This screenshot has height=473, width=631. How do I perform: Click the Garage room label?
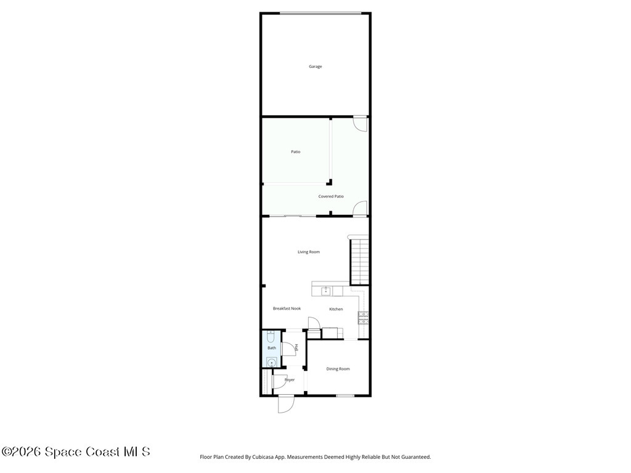pos(315,67)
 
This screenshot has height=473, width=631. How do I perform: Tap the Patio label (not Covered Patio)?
pos(296,152)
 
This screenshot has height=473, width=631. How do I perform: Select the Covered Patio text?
pos(331,196)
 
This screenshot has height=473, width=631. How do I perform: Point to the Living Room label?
pos(309,252)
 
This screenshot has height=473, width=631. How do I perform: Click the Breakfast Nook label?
pos(287,309)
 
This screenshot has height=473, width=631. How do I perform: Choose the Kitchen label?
pos(336,309)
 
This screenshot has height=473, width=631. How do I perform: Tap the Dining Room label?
pos(338,369)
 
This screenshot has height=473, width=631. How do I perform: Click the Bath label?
pos(272,348)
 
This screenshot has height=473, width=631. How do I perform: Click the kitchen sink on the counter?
pos(326,291)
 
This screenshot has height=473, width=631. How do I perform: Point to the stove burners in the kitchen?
pos(364,318)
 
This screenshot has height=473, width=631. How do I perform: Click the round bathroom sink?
pos(272,362)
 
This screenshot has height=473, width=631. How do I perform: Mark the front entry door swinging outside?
pos(286,403)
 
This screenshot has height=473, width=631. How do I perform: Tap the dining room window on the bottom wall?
pos(345,395)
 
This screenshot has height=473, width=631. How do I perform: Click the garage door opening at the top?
pos(320,13)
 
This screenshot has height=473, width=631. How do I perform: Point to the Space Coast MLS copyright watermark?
pos(76,452)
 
